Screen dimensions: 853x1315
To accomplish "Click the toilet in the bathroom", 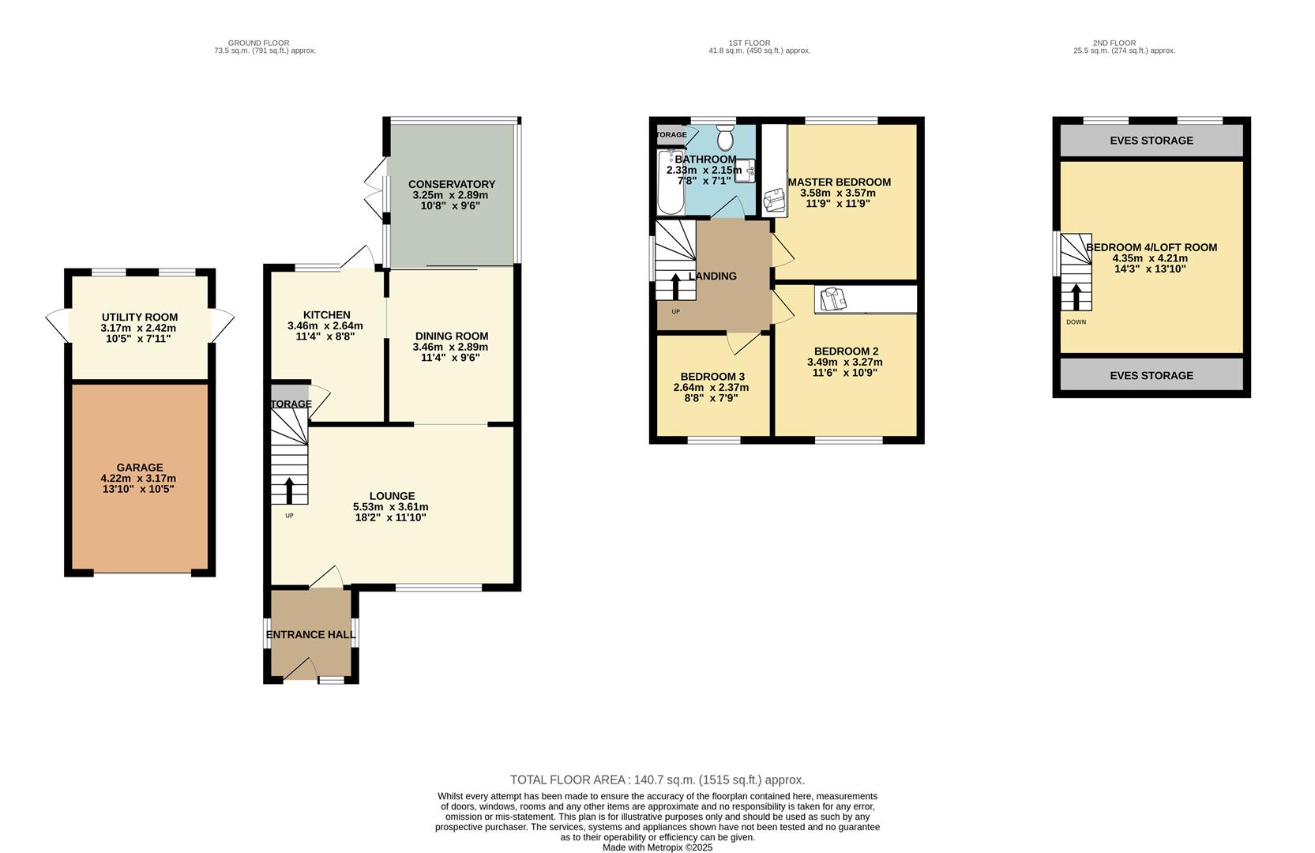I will (x=725, y=141).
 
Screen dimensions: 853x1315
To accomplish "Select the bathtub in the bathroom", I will (x=670, y=183).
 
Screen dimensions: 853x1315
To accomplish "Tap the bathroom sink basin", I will (x=746, y=171).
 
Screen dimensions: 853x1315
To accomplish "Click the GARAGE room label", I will (x=140, y=468).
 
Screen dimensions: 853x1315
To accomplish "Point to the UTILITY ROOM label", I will (x=140, y=318).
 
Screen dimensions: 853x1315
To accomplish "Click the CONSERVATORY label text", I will (x=452, y=184).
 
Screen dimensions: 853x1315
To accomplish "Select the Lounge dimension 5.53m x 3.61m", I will (x=391, y=507).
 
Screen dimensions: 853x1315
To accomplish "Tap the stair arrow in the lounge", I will (x=289, y=490).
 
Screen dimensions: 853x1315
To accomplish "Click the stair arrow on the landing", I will (x=674, y=286).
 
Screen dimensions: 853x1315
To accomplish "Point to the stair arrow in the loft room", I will (x=1075, y=297).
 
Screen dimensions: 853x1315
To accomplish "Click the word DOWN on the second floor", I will (x=1076, y=322).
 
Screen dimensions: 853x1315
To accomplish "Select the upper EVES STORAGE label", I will (x=1151, y=141).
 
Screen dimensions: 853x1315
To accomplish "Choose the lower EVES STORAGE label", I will (x=1151, y=375).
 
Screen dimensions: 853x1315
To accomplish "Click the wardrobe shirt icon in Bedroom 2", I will (x=832, y=300).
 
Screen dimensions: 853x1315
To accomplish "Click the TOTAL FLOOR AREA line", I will (x=657, y=780).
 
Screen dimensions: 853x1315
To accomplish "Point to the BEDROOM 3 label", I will (x=712, y=377).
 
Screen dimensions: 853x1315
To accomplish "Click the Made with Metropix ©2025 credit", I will (x=657, y=847).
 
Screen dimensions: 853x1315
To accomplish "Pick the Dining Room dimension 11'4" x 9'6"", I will (x=450, y=357).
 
